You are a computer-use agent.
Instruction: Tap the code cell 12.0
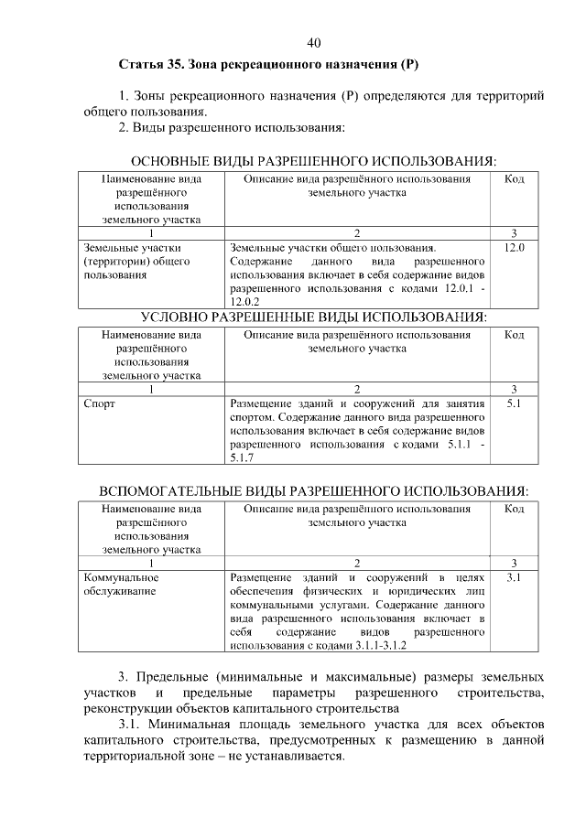pyautogui.click(x=514, y=247)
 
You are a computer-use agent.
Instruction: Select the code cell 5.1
pyautogui.click(x=514, y=403)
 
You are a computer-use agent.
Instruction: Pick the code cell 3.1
pyautogui.click(x=514, y=578)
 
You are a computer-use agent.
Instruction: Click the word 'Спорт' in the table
pyautogui.click(x=98, y=403)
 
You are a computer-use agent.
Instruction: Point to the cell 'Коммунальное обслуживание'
pyautogui.click(x=120, y=585)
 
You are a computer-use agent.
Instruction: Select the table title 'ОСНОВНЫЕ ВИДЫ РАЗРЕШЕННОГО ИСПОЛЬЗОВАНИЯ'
pyautogui.click(x=314, y=161)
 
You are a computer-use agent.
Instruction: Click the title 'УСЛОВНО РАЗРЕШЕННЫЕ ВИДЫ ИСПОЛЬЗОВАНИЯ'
pyautogui.click(x=314, y=317)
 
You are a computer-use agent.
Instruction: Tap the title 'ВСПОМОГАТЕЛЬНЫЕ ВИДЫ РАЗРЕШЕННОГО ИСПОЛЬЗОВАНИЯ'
pyautogui.click(x=314, y=491)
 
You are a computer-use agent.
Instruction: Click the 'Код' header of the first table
pyautogui.click(x=514, y=179)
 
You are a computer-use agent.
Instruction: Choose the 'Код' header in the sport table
pyautogui.click(x=514, y=336)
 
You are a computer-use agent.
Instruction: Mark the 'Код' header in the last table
pyautogui.click(x=514, y=510)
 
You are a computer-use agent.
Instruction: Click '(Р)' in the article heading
pyautogui.click(x=409, y=66)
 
